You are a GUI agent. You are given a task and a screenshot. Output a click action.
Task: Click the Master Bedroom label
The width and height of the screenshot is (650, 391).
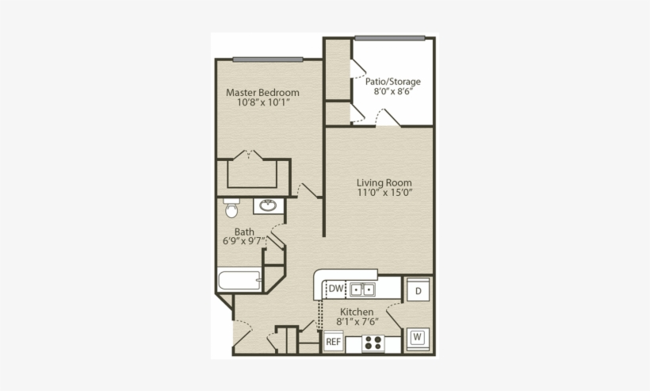point(262,92)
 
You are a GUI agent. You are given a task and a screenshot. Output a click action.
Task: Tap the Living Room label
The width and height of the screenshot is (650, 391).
point(384,182)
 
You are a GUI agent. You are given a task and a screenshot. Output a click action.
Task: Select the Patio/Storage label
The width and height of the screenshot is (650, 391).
point(392,81)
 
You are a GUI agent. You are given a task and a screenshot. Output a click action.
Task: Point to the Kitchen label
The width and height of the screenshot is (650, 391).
point(357,312)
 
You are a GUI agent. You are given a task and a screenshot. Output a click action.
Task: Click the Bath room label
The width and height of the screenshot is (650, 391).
point(243,232)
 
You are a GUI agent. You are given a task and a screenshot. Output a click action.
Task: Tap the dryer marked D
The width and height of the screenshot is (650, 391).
point(418,291)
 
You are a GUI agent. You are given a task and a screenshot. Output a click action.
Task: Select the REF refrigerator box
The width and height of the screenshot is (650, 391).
point(334,342)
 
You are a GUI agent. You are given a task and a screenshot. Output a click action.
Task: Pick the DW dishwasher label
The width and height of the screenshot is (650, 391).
point(336,289)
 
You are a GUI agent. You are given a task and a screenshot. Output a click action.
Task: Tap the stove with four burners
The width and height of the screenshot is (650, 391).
point(373,343)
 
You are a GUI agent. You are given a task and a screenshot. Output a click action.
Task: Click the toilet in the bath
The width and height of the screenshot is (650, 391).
point(231,209)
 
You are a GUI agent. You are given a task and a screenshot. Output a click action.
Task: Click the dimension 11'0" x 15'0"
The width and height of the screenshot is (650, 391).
point(384,193)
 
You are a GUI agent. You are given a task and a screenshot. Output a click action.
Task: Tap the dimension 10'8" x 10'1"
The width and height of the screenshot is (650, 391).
point(262,102)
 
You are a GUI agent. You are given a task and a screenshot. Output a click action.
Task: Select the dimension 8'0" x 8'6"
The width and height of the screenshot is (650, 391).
point(392,91)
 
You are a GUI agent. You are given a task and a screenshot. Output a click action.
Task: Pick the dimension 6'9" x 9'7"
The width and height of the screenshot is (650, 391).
point(243,242)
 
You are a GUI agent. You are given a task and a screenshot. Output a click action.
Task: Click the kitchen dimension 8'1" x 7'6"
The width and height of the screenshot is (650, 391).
point(357,322)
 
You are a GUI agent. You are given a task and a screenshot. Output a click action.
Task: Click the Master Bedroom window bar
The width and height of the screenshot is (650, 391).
point(268,59)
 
